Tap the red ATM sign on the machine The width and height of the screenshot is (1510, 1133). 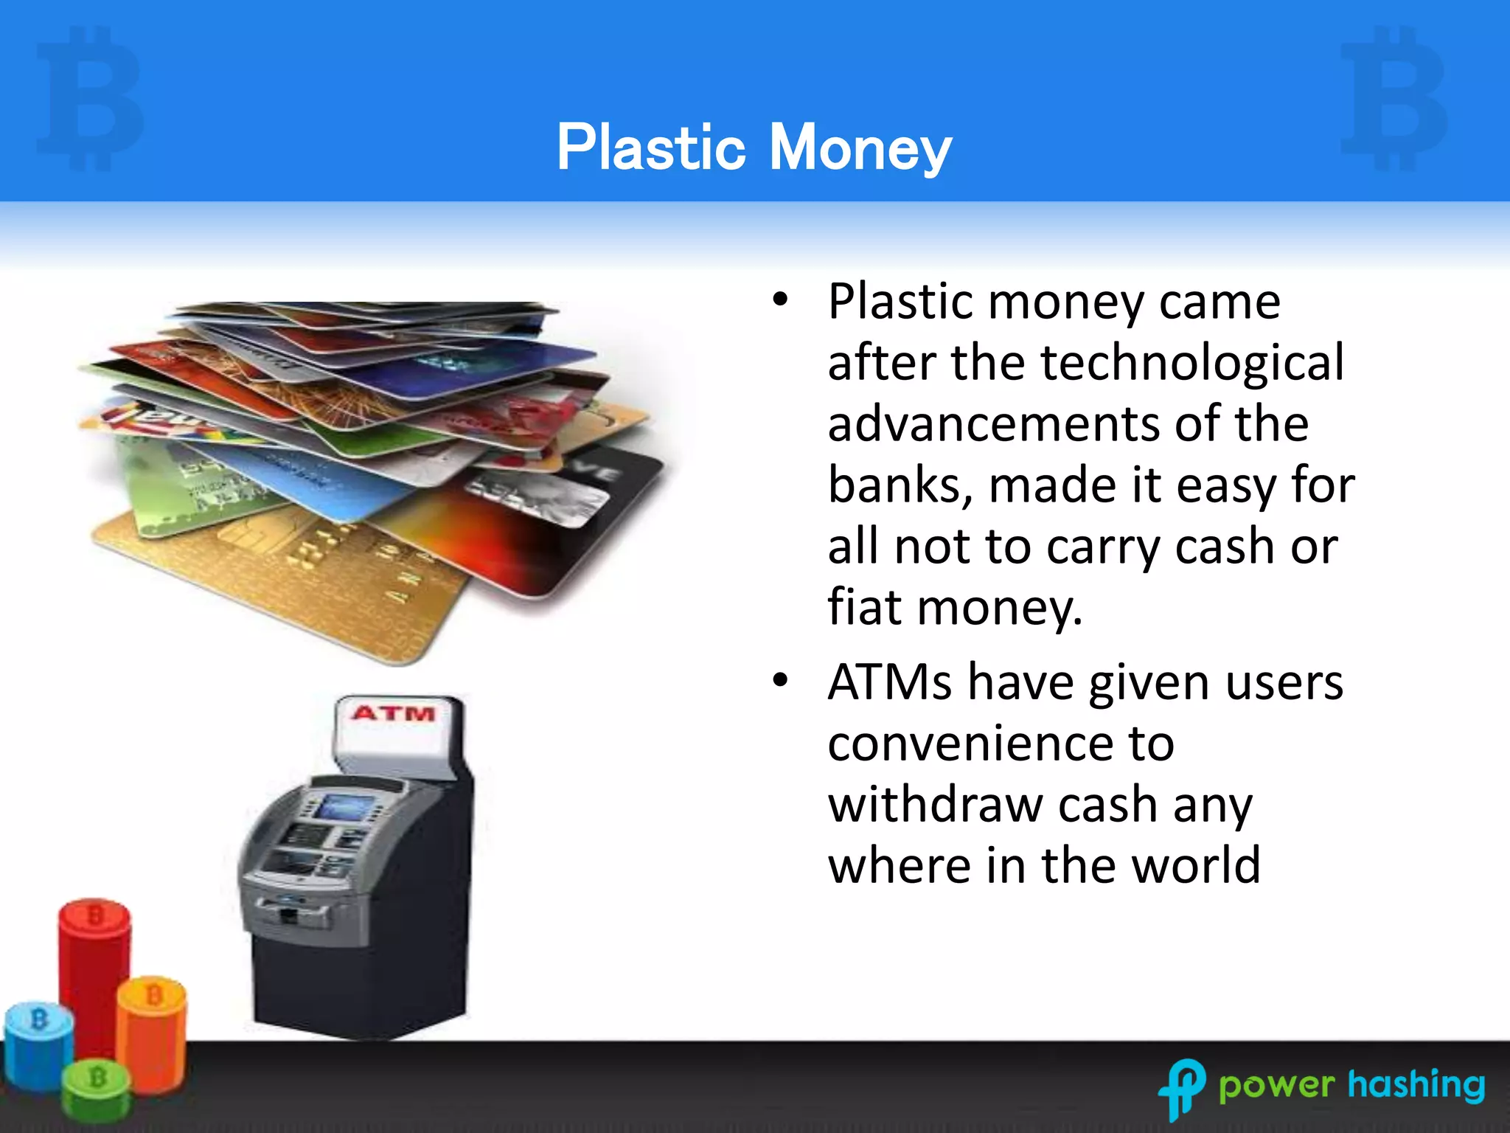[394, 713]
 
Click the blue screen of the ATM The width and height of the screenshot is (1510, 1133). [345, 808]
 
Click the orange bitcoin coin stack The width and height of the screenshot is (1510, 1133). [153, 1033]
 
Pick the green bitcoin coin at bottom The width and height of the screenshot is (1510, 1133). [96, 1090]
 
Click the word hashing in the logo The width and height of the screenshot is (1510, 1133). [1416, 1084]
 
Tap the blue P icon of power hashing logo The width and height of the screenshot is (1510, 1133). [1183, 1087]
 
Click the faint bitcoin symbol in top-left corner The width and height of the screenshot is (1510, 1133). [88, 97]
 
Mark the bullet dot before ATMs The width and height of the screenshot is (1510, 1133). [780, 680]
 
